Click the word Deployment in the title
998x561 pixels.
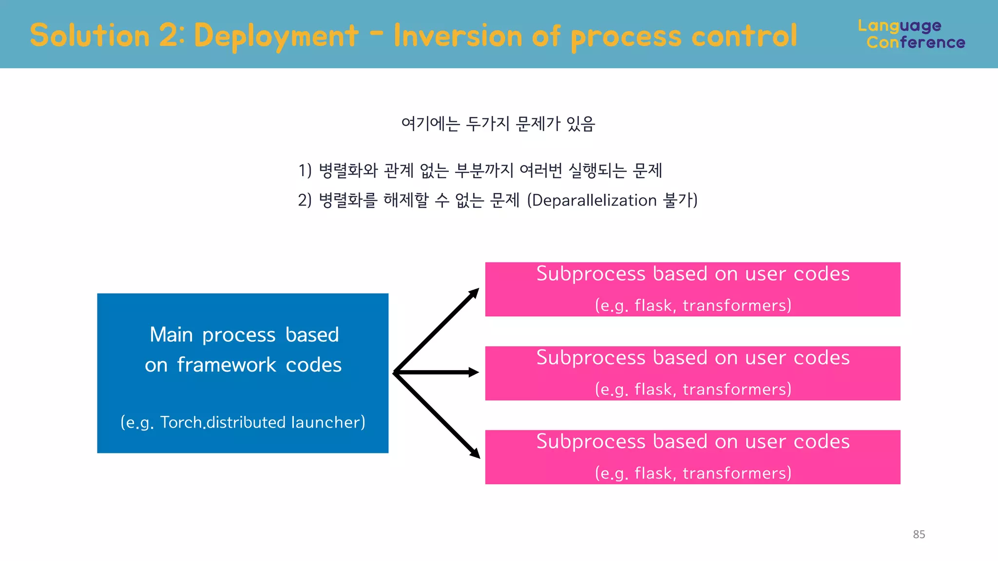(276, 36)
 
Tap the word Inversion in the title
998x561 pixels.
(457, 36)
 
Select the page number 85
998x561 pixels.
(919, 534)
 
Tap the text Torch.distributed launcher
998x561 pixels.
(262, 422)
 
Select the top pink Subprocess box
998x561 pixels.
(692, 289)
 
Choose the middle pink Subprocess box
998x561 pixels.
(692, 373)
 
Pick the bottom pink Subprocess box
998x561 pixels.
(692, 457)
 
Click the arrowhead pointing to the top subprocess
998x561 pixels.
(473, 294)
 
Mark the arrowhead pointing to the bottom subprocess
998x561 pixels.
(474, 452)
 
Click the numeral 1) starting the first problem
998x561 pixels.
(305, 170)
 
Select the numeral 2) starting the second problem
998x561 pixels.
(305, 200)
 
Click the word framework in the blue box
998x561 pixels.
(227, 365)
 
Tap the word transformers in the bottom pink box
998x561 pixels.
(736, 473)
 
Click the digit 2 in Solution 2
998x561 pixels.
(169, 36)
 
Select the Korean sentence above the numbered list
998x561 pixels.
(498, 124)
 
